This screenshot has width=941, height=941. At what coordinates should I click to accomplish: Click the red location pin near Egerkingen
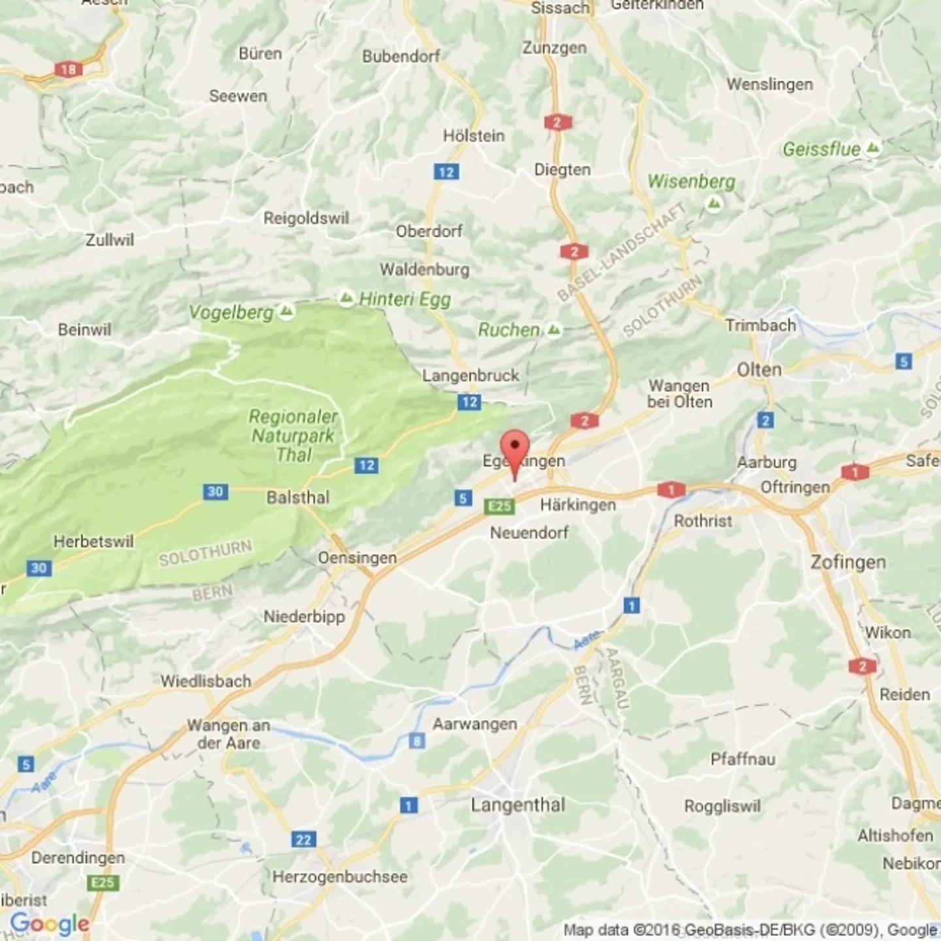(x=515, y=448)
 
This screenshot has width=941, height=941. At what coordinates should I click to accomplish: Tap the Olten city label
(x=759, y=370)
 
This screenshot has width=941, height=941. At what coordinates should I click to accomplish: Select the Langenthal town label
(x=518, y=804)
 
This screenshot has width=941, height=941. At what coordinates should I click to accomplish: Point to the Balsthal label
(x=298, y=497)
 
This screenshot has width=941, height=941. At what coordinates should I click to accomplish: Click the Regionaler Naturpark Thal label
(x=293, y=435)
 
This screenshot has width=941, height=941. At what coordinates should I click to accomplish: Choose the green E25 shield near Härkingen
(x=499, y=506)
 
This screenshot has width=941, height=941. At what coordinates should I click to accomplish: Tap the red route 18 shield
(x=68, y=69)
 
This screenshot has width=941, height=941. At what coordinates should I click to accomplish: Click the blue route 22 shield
(x=304, y=840)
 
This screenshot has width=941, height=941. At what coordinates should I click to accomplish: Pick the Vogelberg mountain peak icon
(x=286, y=311)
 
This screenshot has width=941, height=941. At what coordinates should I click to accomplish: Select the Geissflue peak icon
(x=872, y=148)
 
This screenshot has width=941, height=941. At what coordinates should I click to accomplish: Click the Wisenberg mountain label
(x=691, y=182)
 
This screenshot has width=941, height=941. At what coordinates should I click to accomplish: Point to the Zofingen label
(x=848, y=562)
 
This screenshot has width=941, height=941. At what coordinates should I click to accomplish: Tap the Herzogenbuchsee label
(x=340, y=876)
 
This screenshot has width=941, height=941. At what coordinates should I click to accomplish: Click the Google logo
(x=50, y=924)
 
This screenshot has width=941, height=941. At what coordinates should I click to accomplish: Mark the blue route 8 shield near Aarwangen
(x=417, y=740)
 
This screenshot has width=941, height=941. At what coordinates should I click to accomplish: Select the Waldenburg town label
(x=425, y=269)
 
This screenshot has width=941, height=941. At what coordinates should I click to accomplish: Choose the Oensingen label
(x=357, y=558)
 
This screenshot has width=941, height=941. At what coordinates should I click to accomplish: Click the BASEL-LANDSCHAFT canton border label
(x=621, y=252)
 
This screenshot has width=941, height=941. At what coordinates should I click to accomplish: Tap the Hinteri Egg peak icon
(x=346, y=299)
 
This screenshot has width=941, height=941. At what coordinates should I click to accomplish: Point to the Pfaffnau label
(x=743, y=759)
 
